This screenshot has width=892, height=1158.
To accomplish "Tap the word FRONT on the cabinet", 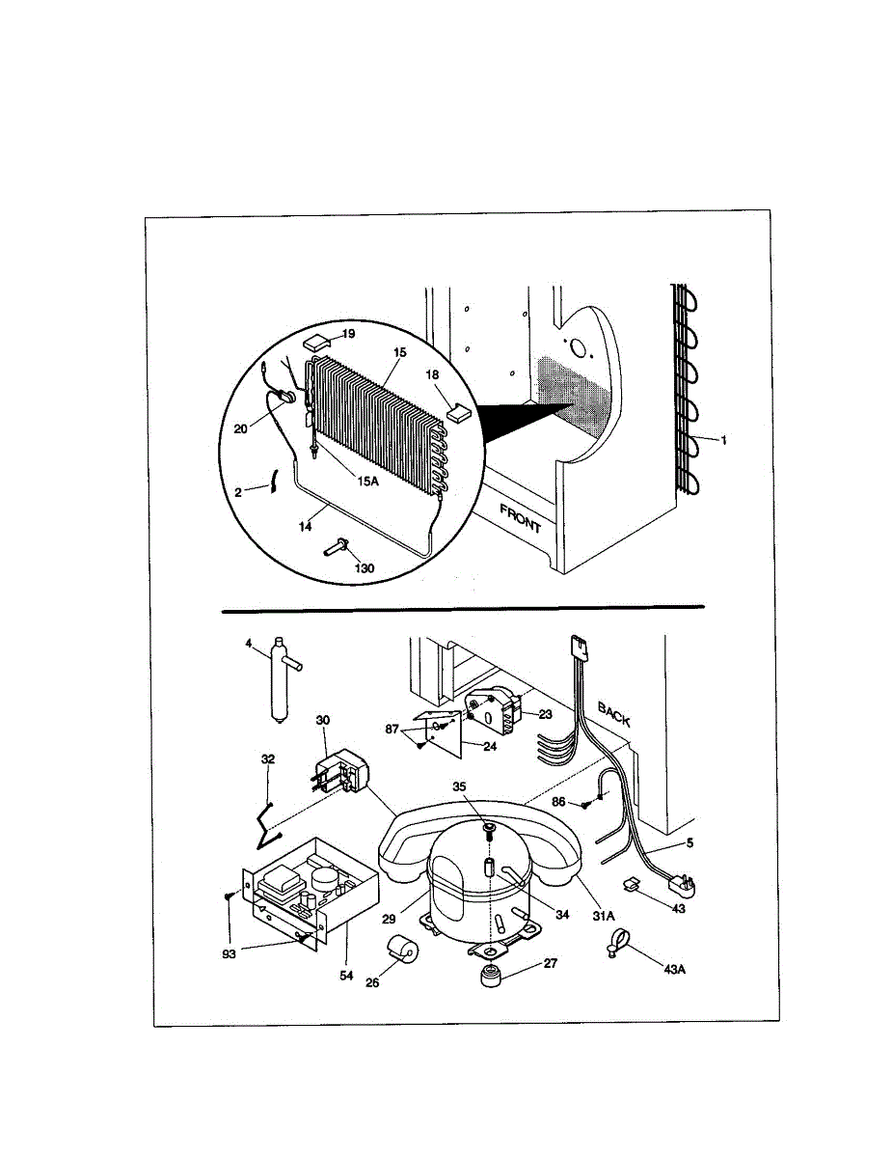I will [x=522, y=518].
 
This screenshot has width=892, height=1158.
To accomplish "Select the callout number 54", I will [x=345, y=976].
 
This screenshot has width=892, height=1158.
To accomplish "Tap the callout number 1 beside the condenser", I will [x=724, y=439].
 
